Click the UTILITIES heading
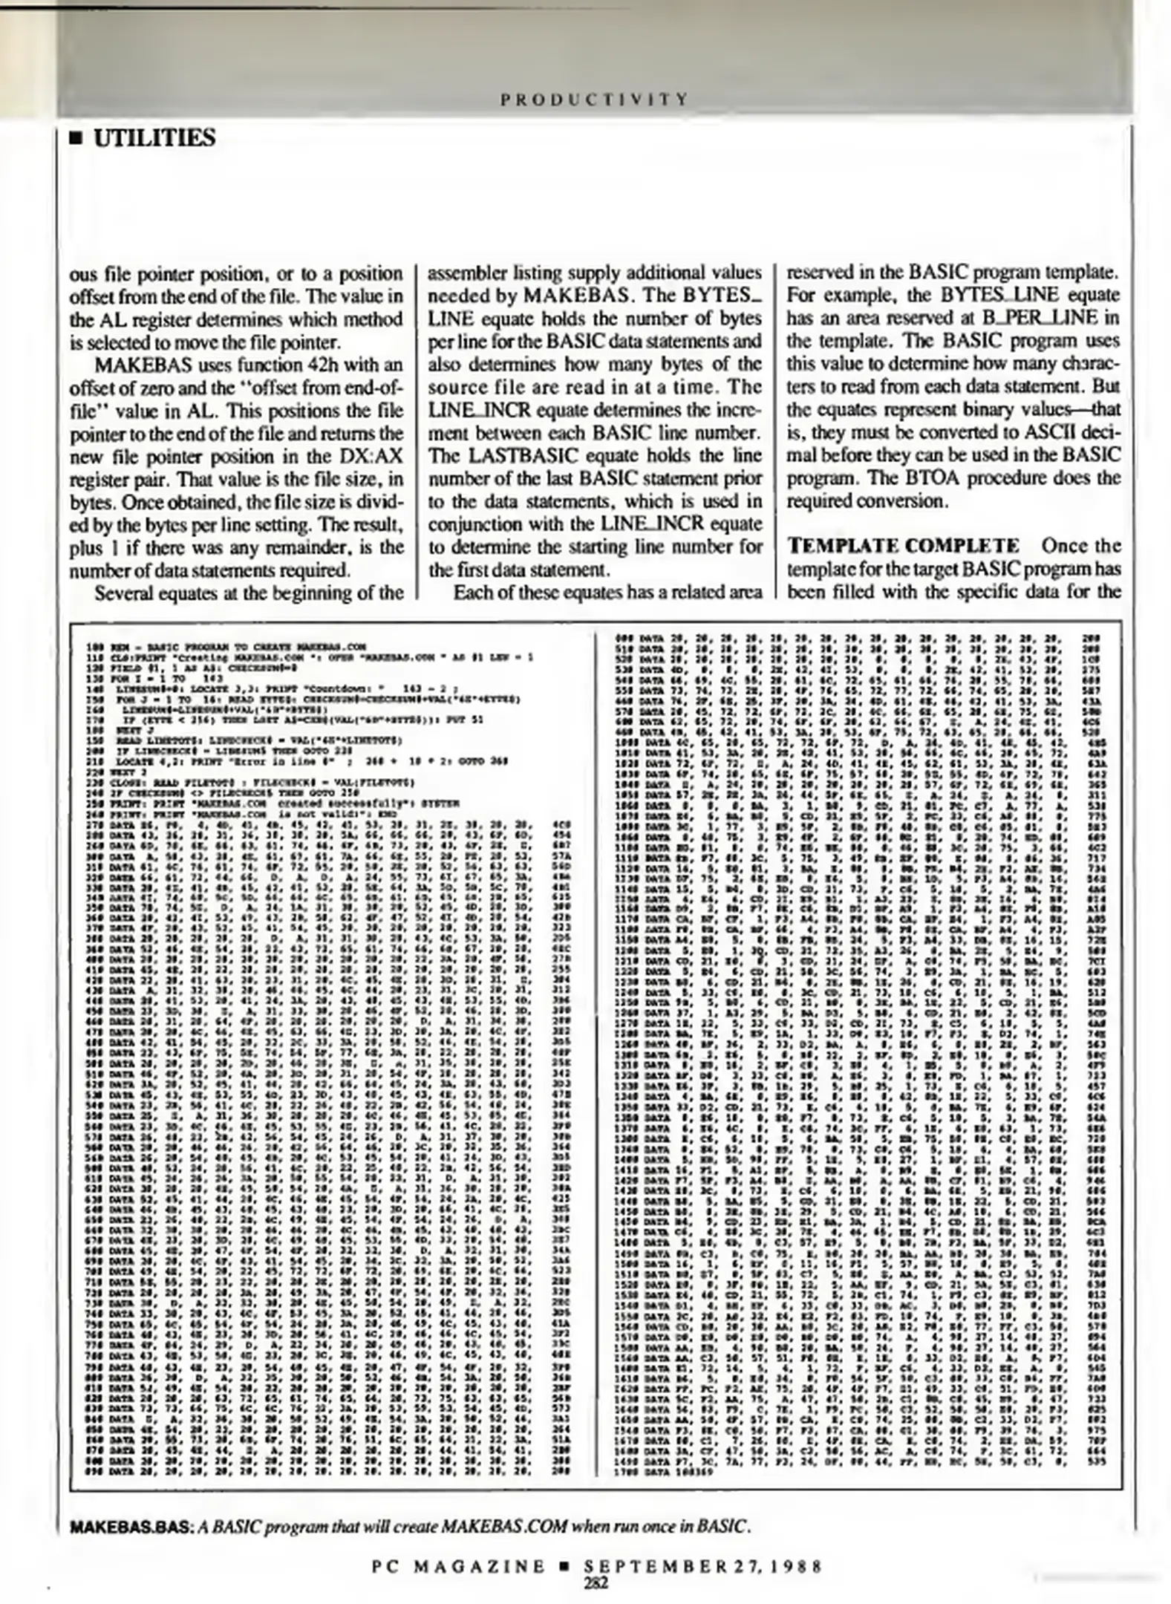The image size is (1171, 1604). click(x=154, y=138)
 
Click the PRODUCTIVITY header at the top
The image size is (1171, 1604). click(x=594, y=99)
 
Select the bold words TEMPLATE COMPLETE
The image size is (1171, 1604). click(x=903, y=547)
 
